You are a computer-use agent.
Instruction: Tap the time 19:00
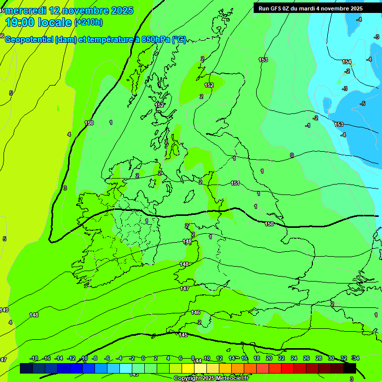click(x=25, y=22)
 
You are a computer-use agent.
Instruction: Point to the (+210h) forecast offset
click(x=89, y=22)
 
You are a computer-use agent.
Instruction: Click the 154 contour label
click(x=347, y=62)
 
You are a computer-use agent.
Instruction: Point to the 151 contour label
click(x=235, y=184)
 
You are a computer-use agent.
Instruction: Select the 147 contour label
click(x=185, y=288)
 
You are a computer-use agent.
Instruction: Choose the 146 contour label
click(x=195, y=312)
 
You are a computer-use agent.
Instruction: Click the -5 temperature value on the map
click(x=363, y=103)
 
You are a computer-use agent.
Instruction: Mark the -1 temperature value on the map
click(x=308, y=126)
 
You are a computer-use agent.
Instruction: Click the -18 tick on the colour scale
click(x=34, y=358)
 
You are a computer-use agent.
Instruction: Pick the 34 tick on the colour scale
click(x=356, y=358)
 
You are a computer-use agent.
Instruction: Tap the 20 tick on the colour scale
click(x=269, y=358)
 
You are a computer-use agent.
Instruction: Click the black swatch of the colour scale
click(x=350, y=368)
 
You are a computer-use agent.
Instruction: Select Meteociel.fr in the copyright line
click(x=231, y=379)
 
